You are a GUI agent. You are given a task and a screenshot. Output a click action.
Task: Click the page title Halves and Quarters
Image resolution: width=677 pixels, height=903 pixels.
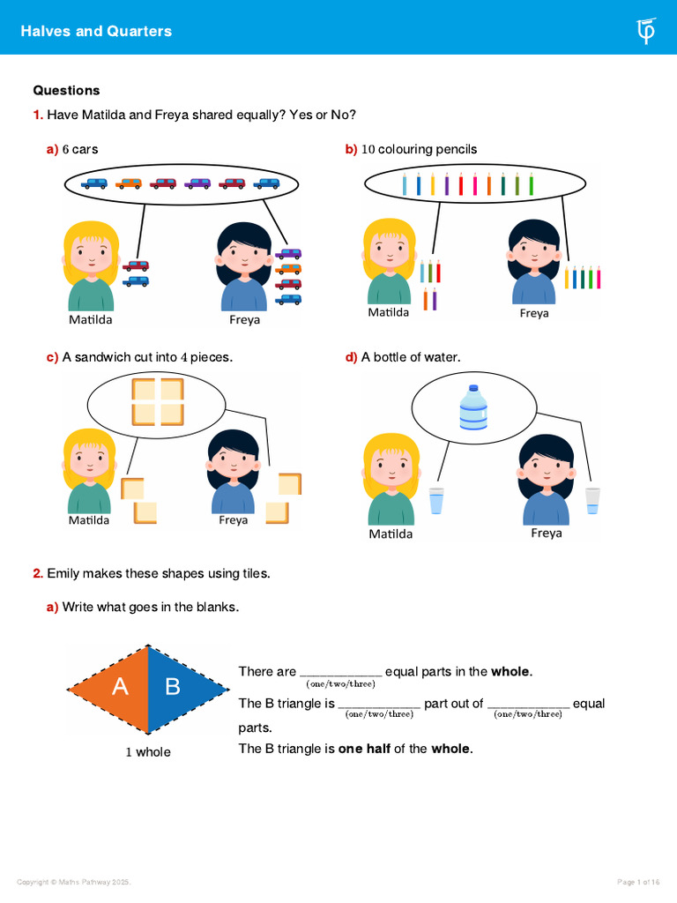[96, 31]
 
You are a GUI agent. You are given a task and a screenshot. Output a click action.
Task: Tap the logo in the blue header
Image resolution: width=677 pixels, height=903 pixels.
[646, 31]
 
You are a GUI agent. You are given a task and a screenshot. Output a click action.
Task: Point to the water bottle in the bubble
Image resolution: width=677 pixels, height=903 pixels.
[473, 407]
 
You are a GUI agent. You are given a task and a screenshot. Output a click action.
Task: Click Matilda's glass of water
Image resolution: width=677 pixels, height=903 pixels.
[436, 501]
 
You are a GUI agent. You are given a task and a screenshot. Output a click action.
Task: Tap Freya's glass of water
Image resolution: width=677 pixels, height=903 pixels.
[592, 501]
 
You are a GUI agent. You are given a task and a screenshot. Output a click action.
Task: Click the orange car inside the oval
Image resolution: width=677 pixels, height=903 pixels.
[129, 183]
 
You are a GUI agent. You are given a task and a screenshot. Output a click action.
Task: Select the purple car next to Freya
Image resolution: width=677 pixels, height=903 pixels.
[288, 253]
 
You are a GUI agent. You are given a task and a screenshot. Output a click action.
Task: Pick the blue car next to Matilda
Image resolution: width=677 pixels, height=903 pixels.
[135, 281]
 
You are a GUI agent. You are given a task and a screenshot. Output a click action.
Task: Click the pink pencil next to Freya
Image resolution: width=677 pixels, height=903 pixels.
[599, 277]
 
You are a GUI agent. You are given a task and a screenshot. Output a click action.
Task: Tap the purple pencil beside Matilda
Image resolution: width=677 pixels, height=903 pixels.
[434, 299]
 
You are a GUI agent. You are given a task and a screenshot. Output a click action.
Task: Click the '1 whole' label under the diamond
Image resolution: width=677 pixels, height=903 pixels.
[148, 751]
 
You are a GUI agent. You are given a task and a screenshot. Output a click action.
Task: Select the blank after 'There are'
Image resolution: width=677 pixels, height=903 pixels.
[341, 675]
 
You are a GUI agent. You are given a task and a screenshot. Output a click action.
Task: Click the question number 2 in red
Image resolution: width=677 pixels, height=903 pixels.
[38, 573]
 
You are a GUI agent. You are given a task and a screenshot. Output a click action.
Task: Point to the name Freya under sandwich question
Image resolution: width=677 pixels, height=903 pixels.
[233, 520]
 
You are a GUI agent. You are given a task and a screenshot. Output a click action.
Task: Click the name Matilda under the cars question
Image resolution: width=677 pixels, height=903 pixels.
[91, 319]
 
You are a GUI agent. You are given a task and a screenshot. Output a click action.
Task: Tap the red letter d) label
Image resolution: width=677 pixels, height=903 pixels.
[351, 357]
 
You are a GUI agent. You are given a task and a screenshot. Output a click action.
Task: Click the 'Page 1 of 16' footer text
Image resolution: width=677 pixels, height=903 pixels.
[638, 882]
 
